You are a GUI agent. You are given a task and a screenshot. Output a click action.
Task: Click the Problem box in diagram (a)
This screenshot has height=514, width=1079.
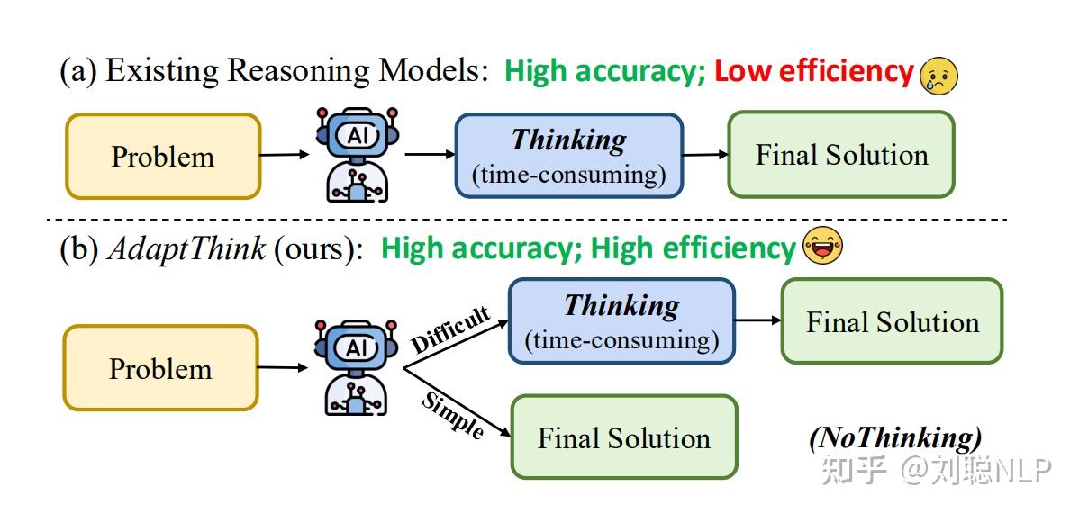click(x=163, y=157)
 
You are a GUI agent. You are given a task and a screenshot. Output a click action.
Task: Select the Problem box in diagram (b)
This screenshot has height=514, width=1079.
click(x=161, y=368)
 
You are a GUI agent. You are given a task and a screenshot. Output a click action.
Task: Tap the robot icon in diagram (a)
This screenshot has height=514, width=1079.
click(x=358, y=154)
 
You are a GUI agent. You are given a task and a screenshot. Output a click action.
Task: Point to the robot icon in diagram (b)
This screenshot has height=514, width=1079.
click(x=356, y=366)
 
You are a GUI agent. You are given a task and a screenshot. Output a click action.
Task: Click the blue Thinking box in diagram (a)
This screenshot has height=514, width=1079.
click(x=569, y=156)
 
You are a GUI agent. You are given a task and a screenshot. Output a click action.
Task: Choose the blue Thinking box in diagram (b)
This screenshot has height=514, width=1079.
click(x=622, y=320)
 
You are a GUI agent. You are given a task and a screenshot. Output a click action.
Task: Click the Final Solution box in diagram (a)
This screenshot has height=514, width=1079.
click(x=841, y=154)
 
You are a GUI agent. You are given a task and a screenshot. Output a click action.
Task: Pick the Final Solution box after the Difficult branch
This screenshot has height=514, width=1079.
click(x=892, y=320)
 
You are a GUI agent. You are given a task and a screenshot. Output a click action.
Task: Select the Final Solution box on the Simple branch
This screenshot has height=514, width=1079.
click(x=623, y=437)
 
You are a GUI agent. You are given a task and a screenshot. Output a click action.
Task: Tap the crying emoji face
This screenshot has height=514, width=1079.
click(x=938, y=75)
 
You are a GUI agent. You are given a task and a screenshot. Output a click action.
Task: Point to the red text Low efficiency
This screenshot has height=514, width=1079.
click(x=813, y=71)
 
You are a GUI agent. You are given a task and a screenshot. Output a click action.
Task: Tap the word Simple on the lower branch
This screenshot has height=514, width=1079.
click(x=451, y=416)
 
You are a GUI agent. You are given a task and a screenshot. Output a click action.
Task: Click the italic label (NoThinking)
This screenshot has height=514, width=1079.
click(x=895, y=438)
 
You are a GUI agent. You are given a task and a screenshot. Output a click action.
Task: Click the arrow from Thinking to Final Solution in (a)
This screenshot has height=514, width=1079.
click(x=705, y=155)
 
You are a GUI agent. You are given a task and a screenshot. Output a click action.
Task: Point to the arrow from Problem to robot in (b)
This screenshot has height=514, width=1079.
click(x=284, y=368)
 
